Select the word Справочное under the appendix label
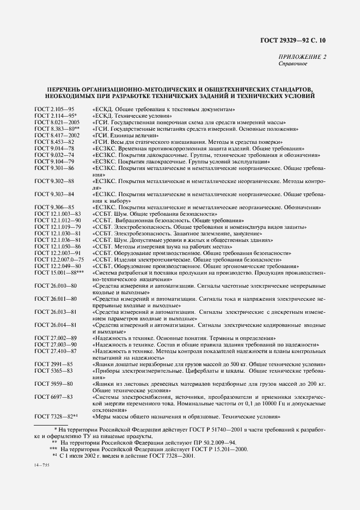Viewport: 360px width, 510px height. pos(292,63)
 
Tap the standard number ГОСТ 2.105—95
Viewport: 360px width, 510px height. pos(54,110)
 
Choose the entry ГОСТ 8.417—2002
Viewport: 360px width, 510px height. pos(57,135)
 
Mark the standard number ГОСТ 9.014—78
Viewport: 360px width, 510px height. pos(54,148)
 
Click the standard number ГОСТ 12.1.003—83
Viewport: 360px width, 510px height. pos(57,214)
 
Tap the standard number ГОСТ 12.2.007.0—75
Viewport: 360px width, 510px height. pos(60,260)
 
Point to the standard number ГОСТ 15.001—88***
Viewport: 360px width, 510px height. pos(59,272)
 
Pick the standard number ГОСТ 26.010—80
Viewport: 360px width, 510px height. pos(56,286)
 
